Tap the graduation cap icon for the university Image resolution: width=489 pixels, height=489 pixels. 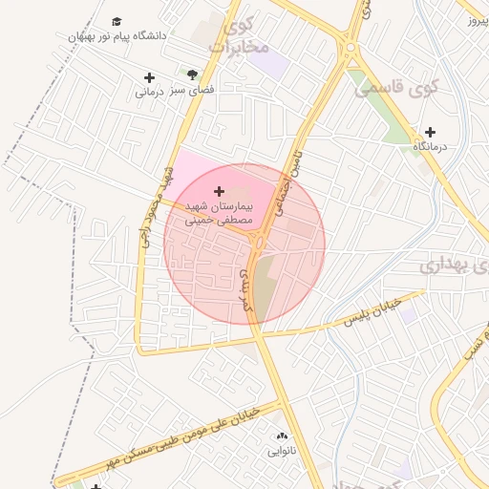point(117,21)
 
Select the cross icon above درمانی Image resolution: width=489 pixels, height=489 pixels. point(149,77)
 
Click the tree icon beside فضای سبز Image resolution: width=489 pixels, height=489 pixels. point(193,74)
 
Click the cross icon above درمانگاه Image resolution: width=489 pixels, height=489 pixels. point(430,132)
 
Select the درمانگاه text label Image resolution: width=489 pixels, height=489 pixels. point(431,147)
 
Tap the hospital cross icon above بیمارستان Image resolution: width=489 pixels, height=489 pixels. point(220,191)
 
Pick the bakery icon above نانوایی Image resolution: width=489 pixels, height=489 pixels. point(281,436)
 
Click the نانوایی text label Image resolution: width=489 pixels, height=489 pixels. point(281,450)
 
